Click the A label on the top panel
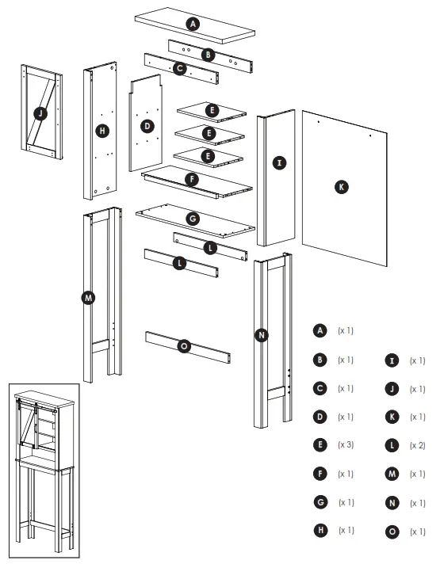pos(191,25)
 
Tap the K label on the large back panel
pos(342,187)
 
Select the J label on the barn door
pos(40,114)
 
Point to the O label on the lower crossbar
pos(184,346)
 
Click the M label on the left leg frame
pos(88,298)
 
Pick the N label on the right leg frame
pos(262,335)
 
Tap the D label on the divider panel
pos(147,126)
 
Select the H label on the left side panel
pos(102,131)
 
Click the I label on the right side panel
pos(278,163)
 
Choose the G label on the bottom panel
pos(191,217)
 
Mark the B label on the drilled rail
pos(208,54)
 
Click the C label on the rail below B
pos(180,69)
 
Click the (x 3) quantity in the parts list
pos(346,445)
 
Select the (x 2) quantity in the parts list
pos(417,445)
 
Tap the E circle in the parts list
pos(320,445)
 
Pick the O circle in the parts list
pos(392,532)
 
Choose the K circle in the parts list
pos(392,417)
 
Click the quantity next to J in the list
pos(417,389)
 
